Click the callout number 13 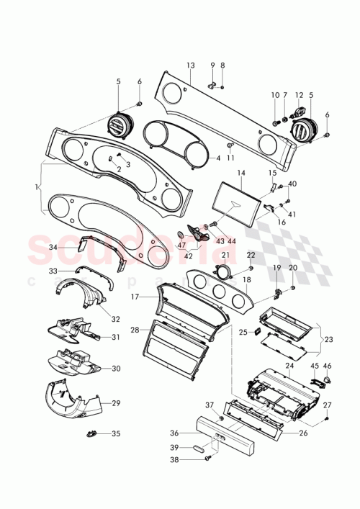190,66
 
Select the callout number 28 134,330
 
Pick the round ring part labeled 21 225,271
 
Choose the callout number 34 53,247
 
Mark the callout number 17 134,296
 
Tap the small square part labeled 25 262,333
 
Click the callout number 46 327,366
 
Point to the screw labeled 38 210,457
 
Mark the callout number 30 114,368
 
